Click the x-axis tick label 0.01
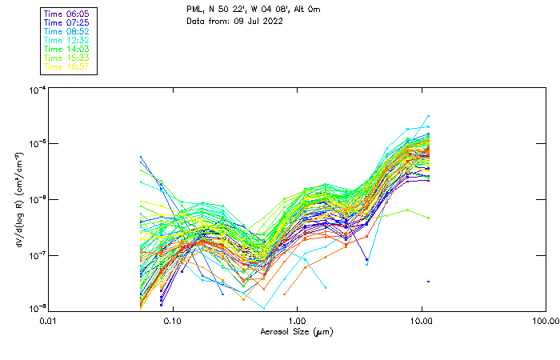click(48, 321)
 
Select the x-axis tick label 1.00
click(297, 321)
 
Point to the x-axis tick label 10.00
click(421, 321)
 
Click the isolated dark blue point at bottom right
click(428, 282)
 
